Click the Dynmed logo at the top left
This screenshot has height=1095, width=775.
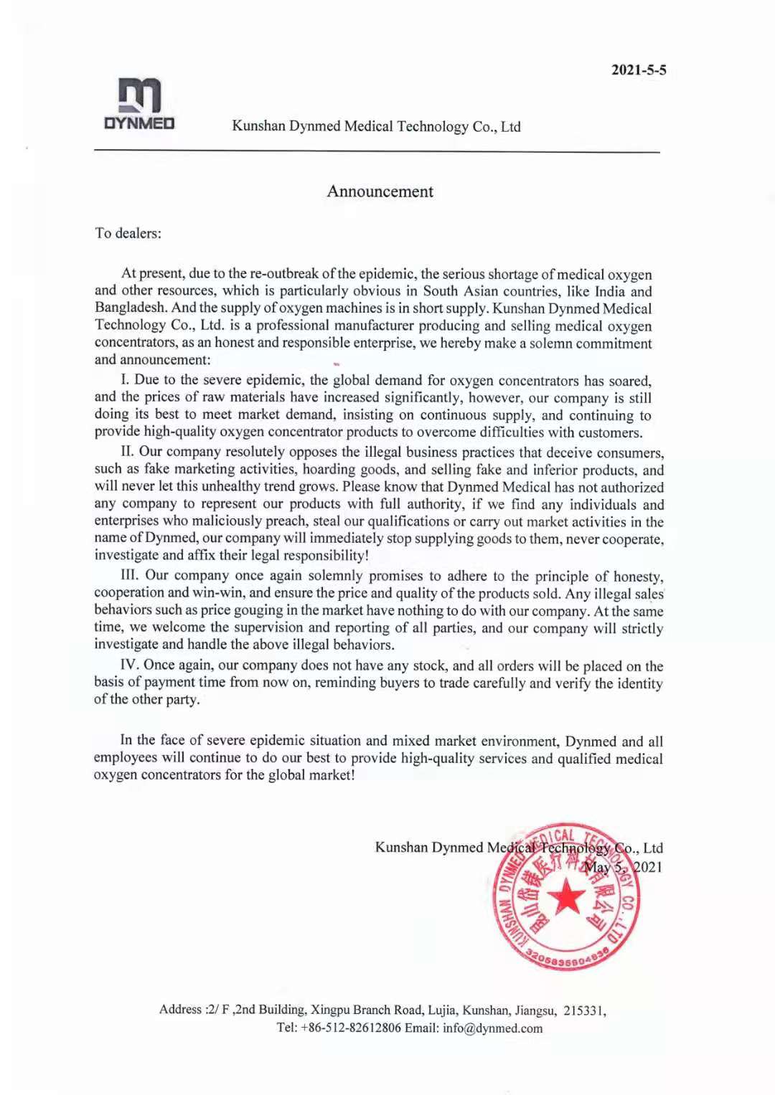pos(139,104)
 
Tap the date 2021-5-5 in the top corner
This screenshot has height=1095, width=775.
pos(639,70)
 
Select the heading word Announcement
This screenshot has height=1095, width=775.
pos(380,191)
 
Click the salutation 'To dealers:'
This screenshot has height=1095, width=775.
pos(128,233)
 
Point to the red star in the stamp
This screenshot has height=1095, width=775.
pos(567,896)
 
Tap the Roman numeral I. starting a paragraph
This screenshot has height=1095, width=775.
pos(126,380)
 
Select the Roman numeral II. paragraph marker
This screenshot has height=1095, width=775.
pos(128,451)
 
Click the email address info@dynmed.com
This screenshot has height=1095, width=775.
pos(492,1028)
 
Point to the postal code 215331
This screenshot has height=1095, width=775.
pos(583,1010)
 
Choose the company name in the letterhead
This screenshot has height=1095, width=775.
pos(376,126)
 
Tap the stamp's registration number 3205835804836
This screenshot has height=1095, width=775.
pos(567,958)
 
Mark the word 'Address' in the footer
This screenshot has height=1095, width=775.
pos(181,1010)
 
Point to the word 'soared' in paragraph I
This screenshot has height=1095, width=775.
pos(627,380)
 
